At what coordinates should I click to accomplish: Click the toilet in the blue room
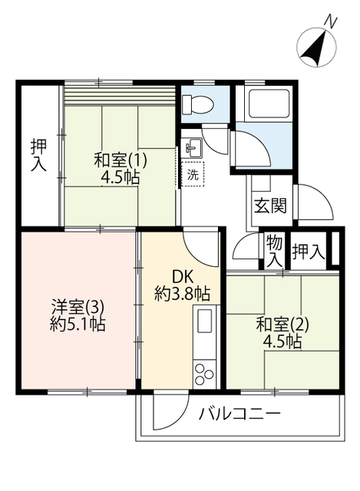pos(197,104)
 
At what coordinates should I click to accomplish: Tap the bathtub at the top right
pos(268,104)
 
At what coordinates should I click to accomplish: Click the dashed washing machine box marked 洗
pos(193,174)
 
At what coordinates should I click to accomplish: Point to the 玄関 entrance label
pos(270,206)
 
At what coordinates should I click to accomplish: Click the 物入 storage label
pos(275,251)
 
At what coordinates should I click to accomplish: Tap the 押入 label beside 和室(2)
pos(308,252)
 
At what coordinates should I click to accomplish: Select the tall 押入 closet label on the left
pos(38,156)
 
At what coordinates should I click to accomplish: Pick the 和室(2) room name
pos(282,325)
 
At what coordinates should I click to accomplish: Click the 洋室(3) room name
pos(78,307)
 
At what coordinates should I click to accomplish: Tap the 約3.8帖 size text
pos(182,294)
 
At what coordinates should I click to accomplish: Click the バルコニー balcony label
pos(239,414)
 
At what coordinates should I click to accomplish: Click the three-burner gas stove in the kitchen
pos(204,374)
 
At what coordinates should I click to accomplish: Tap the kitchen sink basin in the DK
pos(205,321)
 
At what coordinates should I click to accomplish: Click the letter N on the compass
pos(331,21)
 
